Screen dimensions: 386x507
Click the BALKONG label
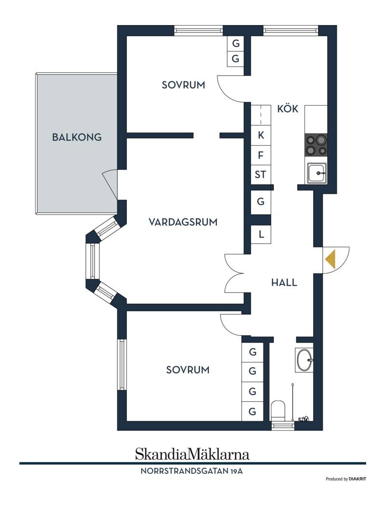pyautogui.click(x=77, y=137)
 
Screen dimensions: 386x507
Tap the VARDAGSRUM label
pyautogui.click(x=183, y=222)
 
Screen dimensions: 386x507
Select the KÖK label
pyautogui.click(x=288, y=108)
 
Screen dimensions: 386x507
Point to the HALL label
pyautogui.click(x=284, y=282)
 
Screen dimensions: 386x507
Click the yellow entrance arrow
pyautogui.click(x=331, y=260)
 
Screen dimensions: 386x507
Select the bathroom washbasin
pyautogui.click(x=304, y=360)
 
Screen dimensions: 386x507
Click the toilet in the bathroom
pyautogui.click(x=278, y=411)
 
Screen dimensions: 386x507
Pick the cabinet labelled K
pyautogui.click(x=261, y=135)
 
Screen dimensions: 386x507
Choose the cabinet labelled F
pyautogui.click(x=261, y=156)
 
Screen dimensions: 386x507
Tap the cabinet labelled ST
pyautogui.click(x=261, y=174)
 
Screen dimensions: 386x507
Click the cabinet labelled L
pyautogui.click(x=261, y=234)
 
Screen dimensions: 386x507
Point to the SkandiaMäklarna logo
pyautogui.click(x=193, y=454)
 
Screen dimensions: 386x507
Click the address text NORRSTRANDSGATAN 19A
pyautogui.click(x=192, y=471)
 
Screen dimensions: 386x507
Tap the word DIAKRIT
pyautogui.click(x=358, y=479)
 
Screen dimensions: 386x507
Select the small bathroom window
pyautogui.click(x=283, y=426)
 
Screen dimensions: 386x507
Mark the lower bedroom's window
pyautogui.click(x=122, y=364)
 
